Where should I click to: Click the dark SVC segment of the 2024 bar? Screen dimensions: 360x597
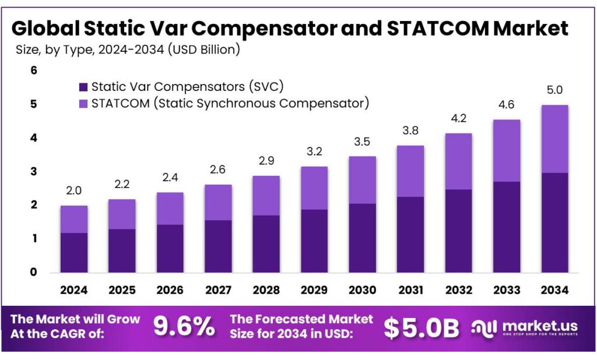[73, 252]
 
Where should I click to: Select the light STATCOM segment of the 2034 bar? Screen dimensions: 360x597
[554, 139]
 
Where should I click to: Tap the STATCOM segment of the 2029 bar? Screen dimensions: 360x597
[314, 188]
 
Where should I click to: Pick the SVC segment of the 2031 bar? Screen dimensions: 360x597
[410, 234]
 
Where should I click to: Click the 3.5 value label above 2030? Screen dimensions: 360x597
[362, 142]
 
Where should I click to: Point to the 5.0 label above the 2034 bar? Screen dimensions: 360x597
[554, 90]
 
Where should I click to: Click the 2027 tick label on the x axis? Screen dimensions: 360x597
[217, 290]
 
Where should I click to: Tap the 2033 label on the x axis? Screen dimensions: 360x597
[506, 290]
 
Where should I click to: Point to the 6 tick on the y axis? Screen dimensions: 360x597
[33, 70]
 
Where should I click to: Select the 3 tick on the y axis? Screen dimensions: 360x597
[33, 172]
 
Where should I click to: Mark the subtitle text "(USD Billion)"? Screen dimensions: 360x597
[204, 50]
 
